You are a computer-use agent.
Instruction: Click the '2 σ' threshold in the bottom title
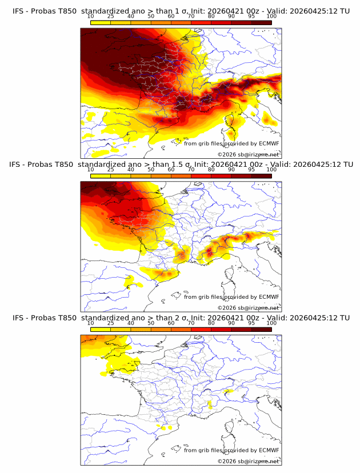[186, 318]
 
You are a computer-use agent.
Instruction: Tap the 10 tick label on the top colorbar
[91, 16]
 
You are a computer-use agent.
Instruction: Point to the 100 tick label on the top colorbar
[271, 16]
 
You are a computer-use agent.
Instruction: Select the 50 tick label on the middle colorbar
[151, 170]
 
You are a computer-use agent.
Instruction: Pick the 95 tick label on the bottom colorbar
[251, 323]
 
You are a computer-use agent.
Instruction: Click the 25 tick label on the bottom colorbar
[111, 323]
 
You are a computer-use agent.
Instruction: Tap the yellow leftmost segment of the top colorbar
[101, 22]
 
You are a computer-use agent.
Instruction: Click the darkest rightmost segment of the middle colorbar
[262, 176]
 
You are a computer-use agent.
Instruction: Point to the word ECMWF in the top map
[269, 143]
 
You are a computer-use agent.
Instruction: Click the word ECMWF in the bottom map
[269, 450]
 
